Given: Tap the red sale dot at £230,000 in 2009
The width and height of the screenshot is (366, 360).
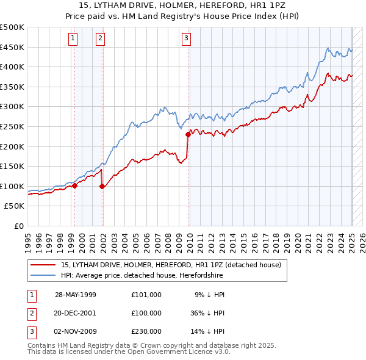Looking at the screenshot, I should pos(188,135).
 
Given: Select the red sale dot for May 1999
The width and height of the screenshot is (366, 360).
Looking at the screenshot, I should pos(74,186).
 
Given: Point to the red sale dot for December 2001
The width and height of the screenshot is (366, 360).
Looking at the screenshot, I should pos(102,187).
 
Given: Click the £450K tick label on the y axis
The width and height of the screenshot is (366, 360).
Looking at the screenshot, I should pos(12,48).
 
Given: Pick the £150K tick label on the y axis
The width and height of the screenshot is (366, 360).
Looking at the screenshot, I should pos(12,167).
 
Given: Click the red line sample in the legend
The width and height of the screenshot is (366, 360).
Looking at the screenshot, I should pos(43,265).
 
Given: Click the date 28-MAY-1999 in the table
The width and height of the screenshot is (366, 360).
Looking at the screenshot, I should pos(76,295).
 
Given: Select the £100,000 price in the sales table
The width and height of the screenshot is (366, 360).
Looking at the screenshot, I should pos(146,313).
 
